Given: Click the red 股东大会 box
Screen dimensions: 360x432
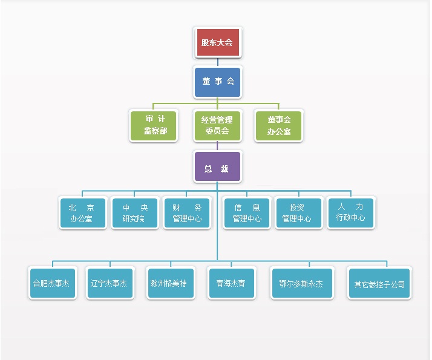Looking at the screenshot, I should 217,42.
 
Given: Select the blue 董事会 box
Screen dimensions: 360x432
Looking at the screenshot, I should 217,82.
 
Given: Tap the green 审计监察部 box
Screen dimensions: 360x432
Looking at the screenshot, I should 154,125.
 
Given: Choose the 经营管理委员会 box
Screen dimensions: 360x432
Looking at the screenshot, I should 217,125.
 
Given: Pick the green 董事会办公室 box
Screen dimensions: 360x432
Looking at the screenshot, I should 279,125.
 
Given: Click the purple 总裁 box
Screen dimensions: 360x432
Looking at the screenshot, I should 217,167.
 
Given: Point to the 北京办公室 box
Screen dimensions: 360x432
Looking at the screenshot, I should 83,212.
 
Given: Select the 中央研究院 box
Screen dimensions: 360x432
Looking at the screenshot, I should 135,212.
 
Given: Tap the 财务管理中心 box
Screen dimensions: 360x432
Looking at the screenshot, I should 187,212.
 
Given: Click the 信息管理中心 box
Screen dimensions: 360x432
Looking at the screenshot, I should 247,212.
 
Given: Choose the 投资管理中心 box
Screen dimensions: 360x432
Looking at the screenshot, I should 298,212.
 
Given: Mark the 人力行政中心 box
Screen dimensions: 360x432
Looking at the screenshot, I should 351,212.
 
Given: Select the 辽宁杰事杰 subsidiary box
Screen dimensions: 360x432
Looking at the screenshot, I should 109,283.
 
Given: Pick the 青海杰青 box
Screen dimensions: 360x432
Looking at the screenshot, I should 231,283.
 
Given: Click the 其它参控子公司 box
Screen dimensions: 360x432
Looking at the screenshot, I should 379,283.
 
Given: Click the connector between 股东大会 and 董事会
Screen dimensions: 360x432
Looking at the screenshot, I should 217,62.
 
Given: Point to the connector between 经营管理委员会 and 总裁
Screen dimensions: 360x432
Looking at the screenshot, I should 217,146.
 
